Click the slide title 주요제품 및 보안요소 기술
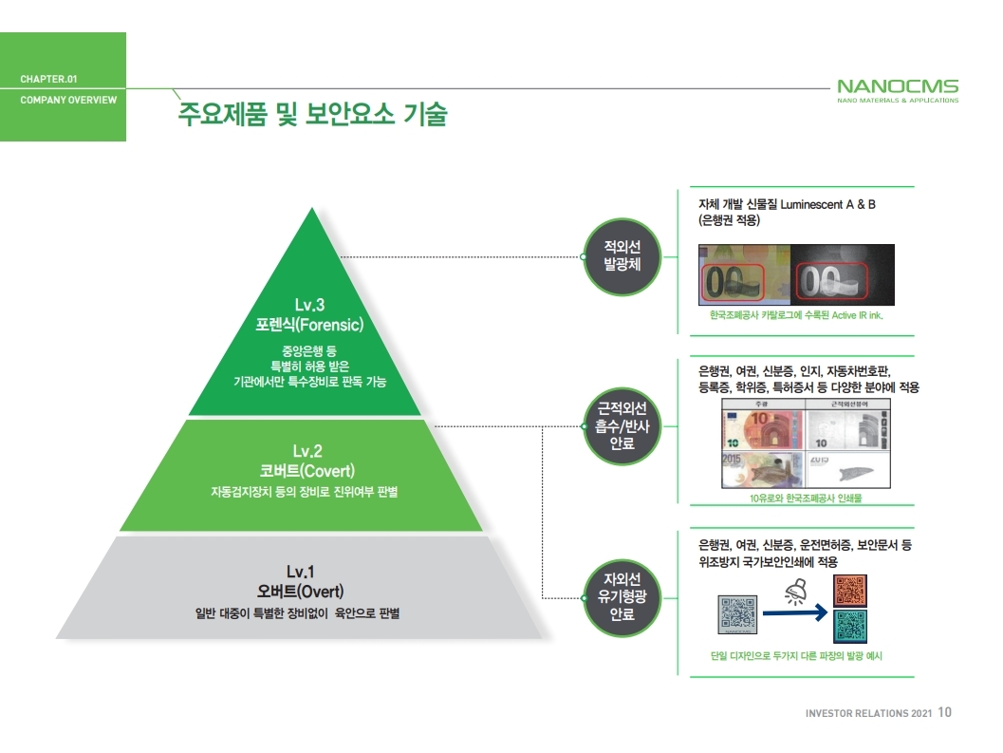coord(312,115)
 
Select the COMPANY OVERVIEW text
coord(68,100)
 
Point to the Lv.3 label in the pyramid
coord(309,305)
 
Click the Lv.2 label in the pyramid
coord(308,451)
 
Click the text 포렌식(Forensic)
coord(309,325)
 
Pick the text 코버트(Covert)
coord(308,470)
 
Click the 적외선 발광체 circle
coord(622,256)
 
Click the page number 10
coord(944,712)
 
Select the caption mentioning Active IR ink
coord(795,314)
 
